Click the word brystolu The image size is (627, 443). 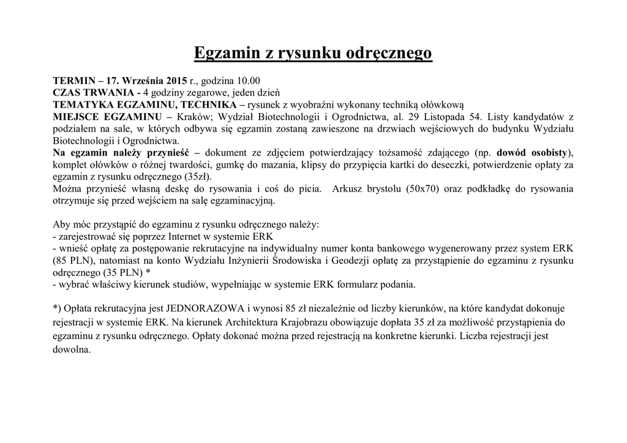(378, 188)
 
